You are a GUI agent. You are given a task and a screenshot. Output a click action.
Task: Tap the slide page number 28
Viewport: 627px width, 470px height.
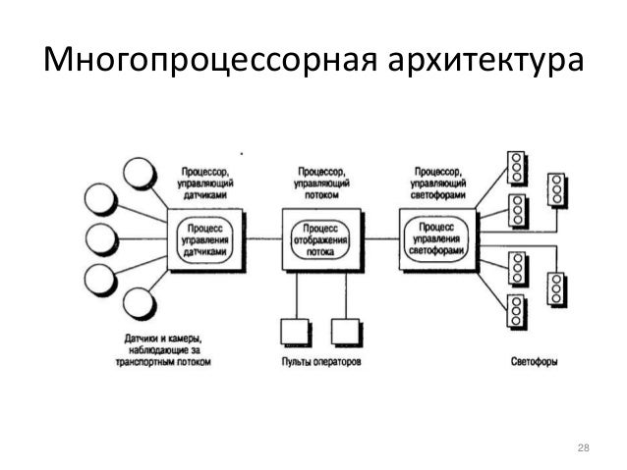(x=582, y=449)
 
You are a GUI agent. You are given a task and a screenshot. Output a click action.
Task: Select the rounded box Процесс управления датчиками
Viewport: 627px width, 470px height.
(x=205, y=238)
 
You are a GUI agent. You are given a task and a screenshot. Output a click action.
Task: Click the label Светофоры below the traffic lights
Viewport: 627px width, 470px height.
(x=536, y=361)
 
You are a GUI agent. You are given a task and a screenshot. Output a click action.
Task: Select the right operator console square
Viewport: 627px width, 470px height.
(x=344, y=330)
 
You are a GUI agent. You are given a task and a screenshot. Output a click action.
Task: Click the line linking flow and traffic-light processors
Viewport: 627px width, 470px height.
(x=374, y=236)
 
